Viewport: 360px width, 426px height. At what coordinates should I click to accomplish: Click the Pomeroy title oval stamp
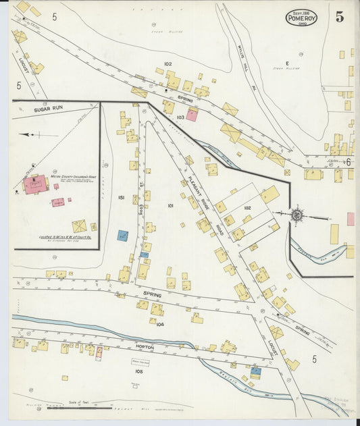301,17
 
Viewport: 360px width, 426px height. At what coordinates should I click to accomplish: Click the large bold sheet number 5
339,17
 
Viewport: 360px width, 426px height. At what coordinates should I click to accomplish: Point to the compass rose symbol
297,216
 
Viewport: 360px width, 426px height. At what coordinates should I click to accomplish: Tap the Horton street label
144,347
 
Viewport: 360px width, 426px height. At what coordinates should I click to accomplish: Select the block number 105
139,371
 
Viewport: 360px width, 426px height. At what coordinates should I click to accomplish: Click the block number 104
160,325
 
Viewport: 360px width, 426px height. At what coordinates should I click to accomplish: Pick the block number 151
121,197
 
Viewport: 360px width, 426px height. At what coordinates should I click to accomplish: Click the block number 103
180,117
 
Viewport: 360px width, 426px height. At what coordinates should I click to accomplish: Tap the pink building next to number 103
192,115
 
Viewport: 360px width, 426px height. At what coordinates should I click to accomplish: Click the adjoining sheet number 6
349,162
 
